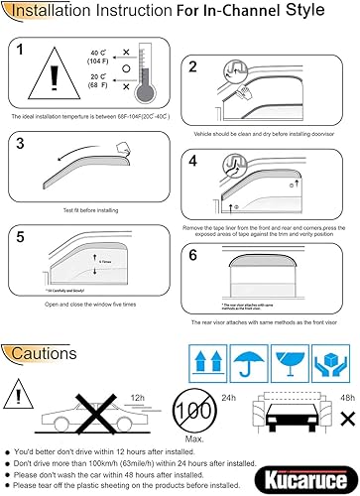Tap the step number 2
tap(194, 67)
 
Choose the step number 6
tap(194, 253)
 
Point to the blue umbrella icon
tap(259, 356)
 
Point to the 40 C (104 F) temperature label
tap(95, 55)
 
